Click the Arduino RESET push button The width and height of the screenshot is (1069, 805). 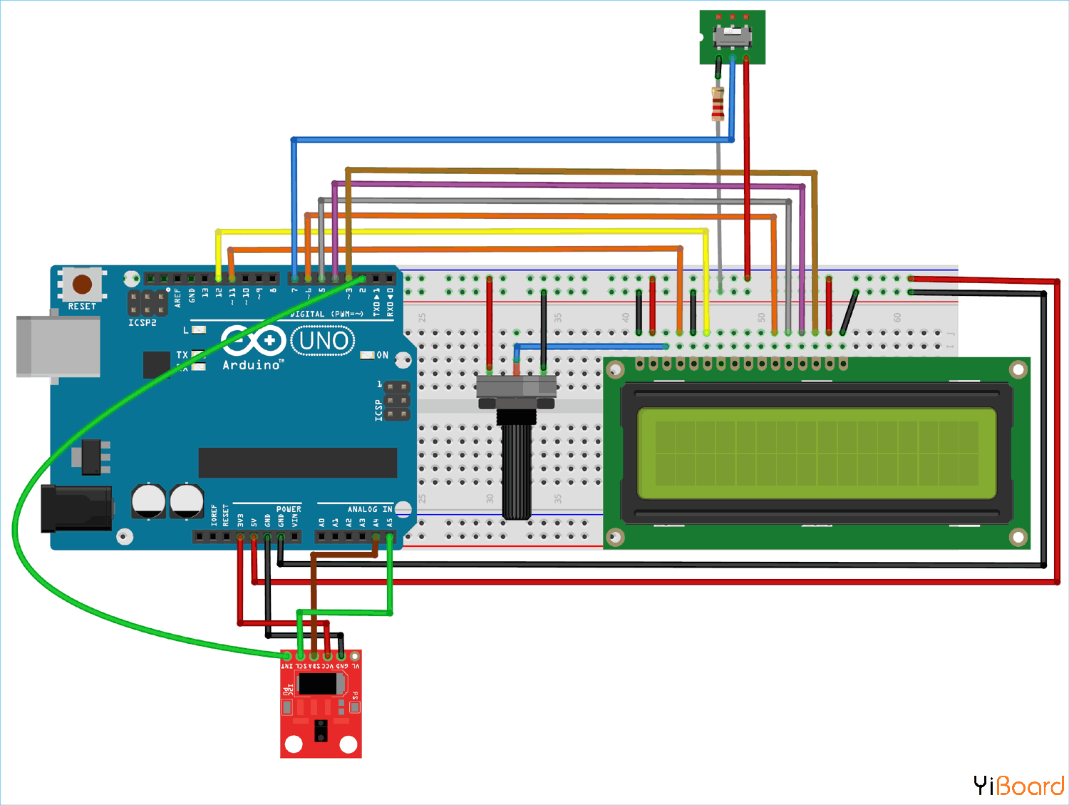[x=82, y=284]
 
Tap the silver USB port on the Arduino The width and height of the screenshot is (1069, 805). [x=57, y=347]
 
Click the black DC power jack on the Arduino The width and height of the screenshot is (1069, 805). [x=76, y=508]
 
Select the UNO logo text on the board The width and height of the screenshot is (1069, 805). [x=324, y=342]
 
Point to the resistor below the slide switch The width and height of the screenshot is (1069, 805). [x=718, y=103]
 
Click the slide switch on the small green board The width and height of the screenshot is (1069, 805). [x=732, y=34]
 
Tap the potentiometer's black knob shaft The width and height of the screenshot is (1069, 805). [x=517, y=471]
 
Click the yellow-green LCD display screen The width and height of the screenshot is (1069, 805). [x=817, y=453]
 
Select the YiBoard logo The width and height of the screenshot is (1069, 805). [x=1018, y=786]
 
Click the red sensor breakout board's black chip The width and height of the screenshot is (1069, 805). [x=321, y=683]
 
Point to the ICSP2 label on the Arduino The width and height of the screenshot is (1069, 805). [x=143, y=323]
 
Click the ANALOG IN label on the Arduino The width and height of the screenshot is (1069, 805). [x=369, y=509]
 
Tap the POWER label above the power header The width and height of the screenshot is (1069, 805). [x=289, y=509]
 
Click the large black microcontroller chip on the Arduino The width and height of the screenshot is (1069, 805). [x=297, y=463]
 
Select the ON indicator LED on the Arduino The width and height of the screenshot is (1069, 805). [x=367, y=355]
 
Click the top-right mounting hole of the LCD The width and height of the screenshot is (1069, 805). [x=1018, y=369]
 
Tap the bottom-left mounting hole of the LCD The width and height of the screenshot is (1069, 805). [x=615, y=536]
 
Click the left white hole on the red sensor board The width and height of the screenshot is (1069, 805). [x=294, y=744]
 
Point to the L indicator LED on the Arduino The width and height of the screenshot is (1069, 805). [x=199, y=330]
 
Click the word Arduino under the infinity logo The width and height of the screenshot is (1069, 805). [x=252, y=365]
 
